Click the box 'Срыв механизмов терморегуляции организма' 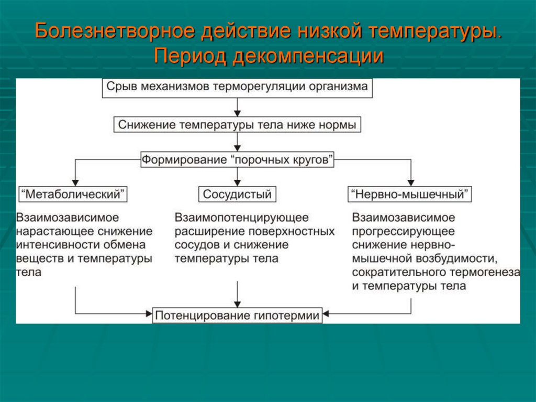(238, 87)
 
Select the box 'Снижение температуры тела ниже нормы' (238, 125)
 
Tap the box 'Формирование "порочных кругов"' (238, 159)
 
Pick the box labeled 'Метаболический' (73, 194)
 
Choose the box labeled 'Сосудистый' (237, 194)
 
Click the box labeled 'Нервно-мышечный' (410, 194)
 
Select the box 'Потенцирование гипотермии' (237, 316)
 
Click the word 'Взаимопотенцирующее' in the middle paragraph (242, 217)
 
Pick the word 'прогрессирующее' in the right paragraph (404, 231)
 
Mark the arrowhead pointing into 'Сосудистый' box (238, 183)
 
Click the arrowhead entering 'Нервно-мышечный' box (410, 183)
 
